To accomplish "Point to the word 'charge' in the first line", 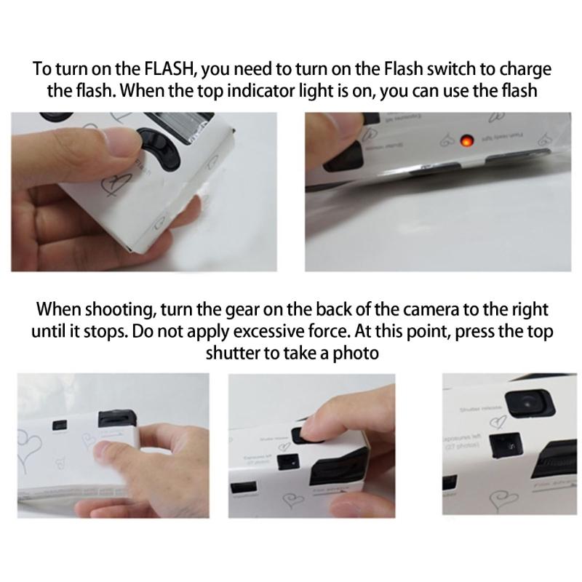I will pos(518,70).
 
